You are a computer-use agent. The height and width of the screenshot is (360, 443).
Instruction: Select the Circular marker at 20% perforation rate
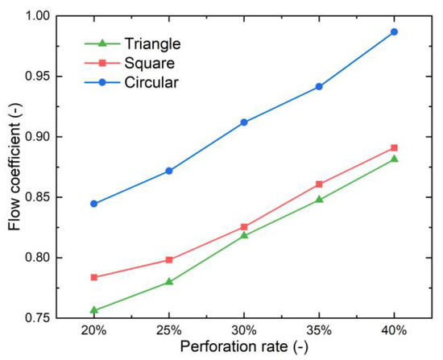(x=94, y=204)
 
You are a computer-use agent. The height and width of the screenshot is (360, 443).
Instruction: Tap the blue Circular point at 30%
(x=244, y=122)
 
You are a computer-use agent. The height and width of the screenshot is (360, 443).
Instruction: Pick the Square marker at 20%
(x=94, y=277)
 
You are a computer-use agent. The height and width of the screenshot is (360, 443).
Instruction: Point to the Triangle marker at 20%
(x=94, y=310)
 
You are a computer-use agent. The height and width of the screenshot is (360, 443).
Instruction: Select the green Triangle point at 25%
(x=169, y=282)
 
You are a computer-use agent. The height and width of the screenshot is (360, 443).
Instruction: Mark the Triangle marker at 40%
(x=394, y=159)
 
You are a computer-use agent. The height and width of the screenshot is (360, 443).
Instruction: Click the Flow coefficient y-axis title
(x=14, y=167)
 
